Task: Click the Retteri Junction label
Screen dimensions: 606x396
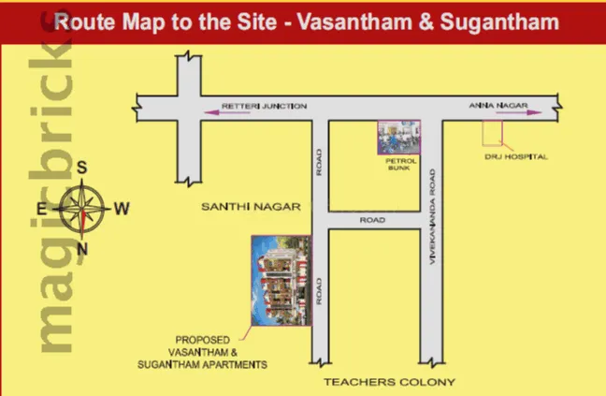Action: coord(264,107)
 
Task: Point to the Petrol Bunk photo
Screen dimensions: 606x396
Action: coord(399,138)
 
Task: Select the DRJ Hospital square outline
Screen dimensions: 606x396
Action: coord(491,134)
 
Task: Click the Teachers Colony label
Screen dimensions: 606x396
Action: coord(389,382)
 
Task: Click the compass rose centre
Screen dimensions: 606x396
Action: coord(82,208)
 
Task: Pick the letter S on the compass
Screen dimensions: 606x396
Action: coord(81,169)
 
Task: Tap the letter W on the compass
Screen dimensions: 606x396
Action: coord(122,209)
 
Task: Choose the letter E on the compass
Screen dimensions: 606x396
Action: coord(42,208)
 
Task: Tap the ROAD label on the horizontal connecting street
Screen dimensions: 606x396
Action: coord(373,219)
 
